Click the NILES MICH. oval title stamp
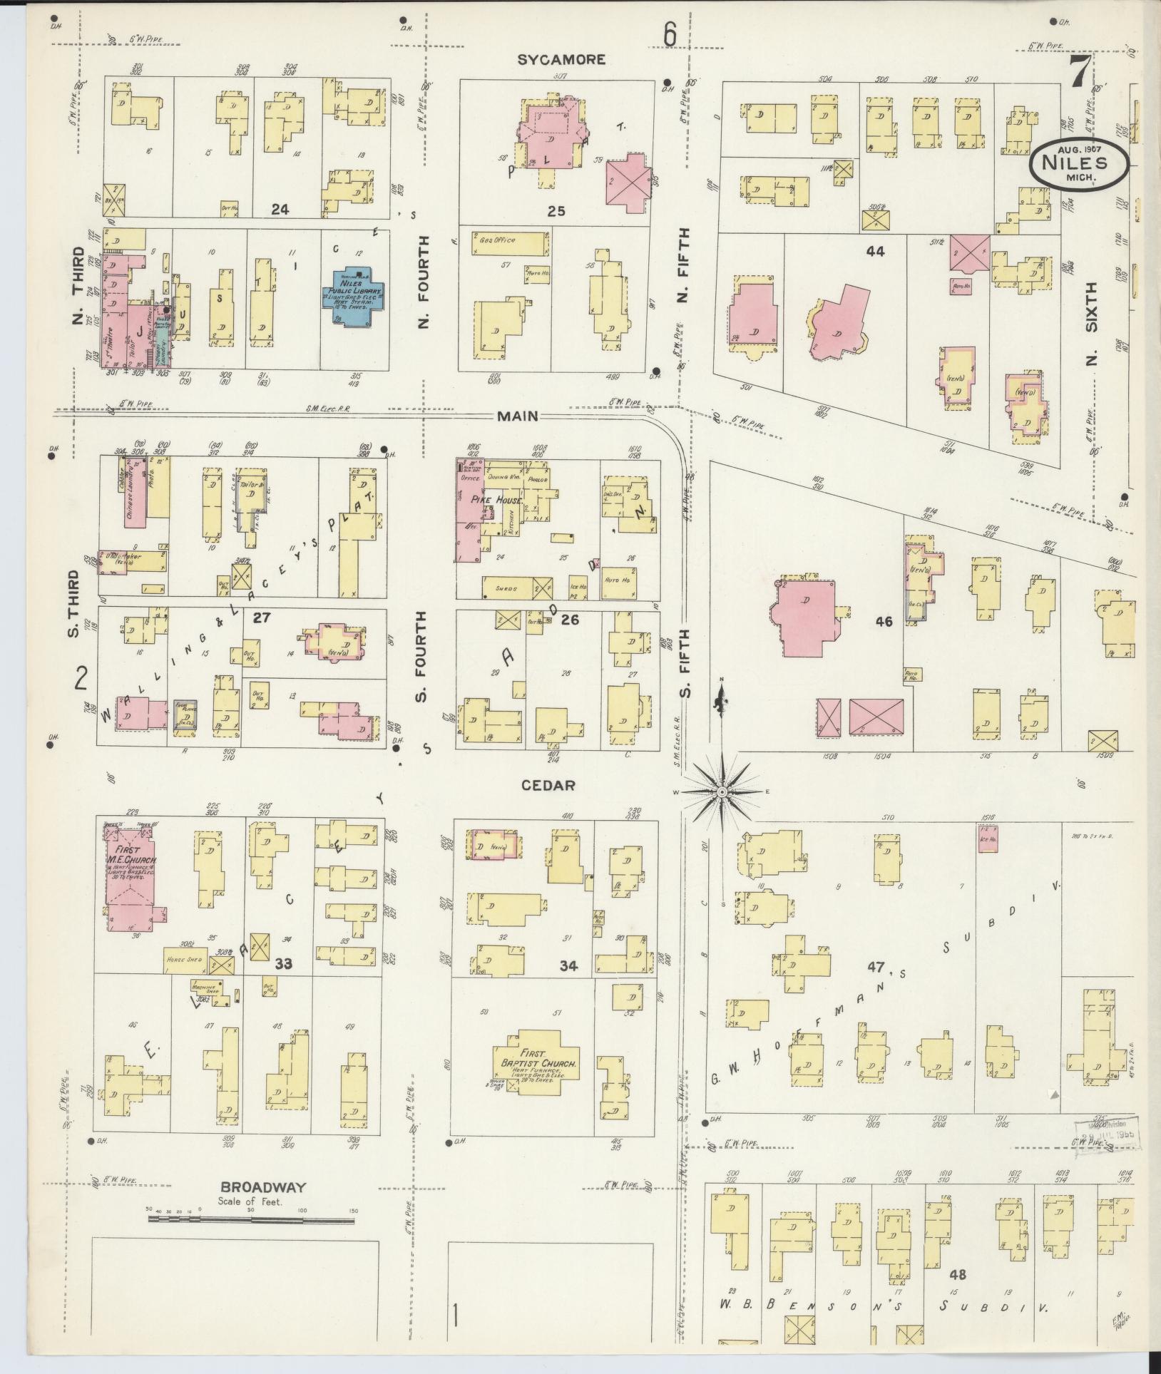coord(1078,163)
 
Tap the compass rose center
coord(722,792)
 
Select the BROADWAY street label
coord(263,1187)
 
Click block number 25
coord(556,211)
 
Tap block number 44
coord(875,251)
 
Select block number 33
coord(284,964)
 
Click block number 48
coord(957,1273)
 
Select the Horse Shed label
coord(185,960)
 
